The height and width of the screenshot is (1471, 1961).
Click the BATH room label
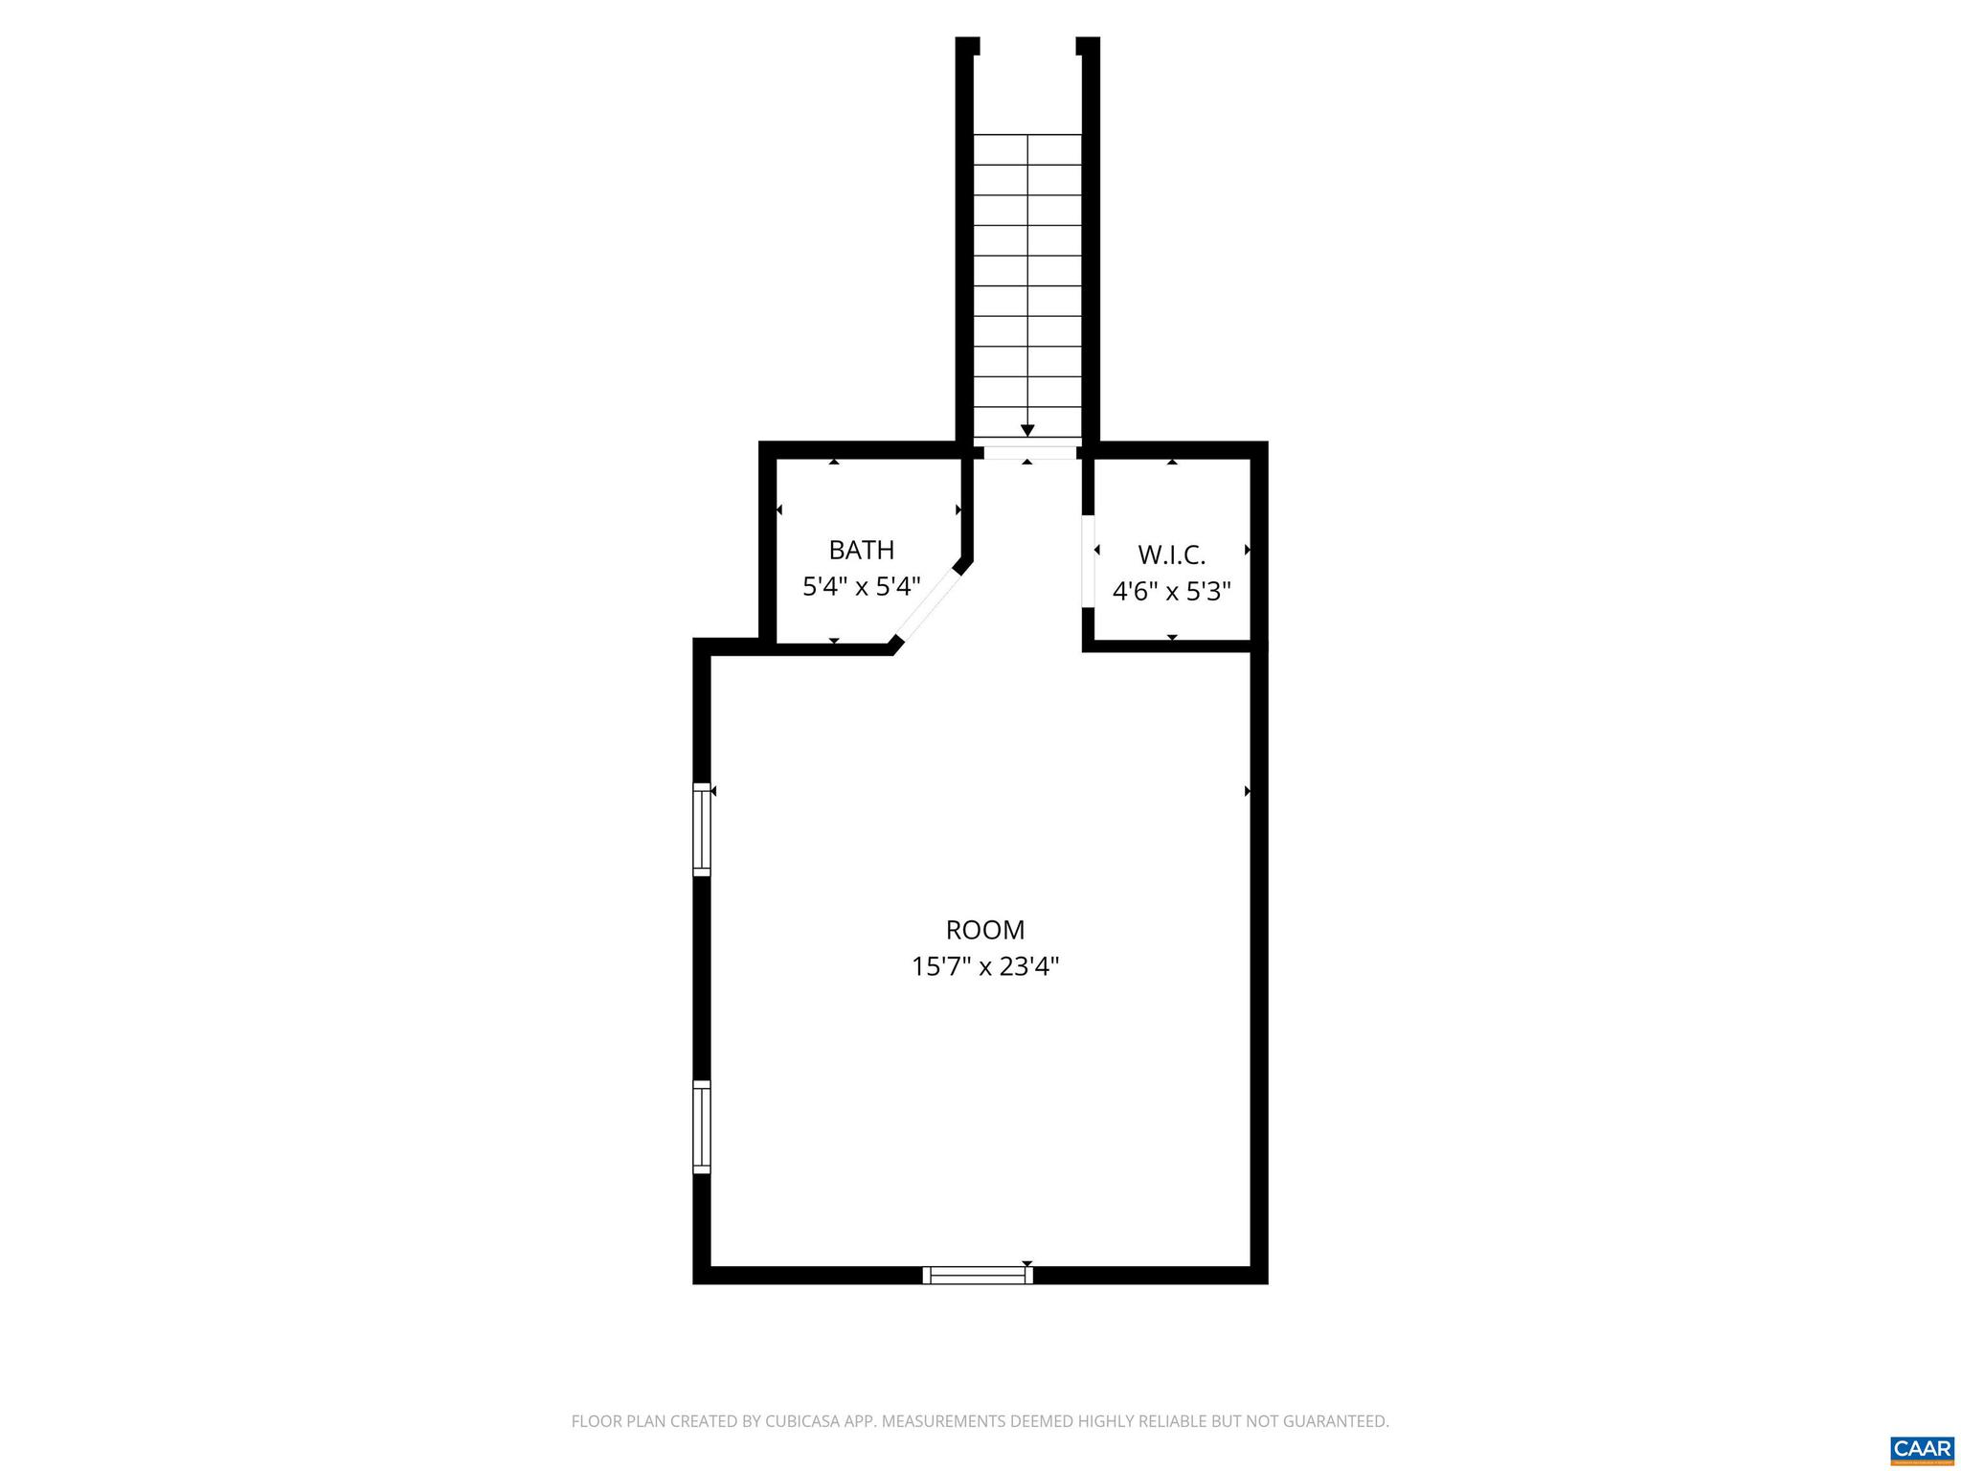point(861,550)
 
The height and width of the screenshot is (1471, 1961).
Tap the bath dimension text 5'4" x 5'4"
point(861,586)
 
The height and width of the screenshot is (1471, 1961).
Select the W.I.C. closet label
point(1171,554)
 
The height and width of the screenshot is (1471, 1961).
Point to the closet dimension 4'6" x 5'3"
point(1171,591)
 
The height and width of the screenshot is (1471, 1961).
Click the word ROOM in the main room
point(984,930)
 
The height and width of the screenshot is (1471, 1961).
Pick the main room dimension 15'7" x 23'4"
point(984,966)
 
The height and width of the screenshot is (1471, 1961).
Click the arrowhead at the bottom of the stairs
point(1027,431)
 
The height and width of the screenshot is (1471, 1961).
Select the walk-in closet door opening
point(1088,561)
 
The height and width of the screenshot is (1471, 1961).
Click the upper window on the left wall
point(702,829)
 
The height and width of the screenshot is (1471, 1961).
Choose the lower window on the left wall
point(702,1126)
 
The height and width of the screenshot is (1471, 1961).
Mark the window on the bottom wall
point(978,1275)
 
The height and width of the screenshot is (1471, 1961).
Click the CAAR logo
point(1922,1449)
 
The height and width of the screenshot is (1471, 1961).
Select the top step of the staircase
point(1027,148)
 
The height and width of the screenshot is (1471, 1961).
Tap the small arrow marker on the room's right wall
point(1248,791)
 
